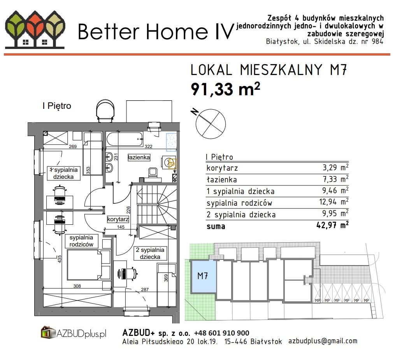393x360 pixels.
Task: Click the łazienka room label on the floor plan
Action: click(x=139, y=157)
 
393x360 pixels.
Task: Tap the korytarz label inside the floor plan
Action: click(x=118, y=219)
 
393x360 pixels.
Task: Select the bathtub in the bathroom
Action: click(x=125, y=139)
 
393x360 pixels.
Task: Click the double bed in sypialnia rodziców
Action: click(x=89, y=265)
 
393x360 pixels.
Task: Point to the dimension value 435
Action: click(x=60, y=259)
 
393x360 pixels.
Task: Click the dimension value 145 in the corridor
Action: click(x=121, y=227)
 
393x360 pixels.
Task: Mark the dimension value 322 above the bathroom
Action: click(x=148, y=147)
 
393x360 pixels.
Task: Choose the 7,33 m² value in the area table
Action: click(x=335, y=179)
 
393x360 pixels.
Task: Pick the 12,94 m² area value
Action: click(x=334, y=202)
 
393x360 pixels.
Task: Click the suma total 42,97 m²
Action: click(x=332, y=225)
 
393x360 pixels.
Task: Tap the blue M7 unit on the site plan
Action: click(x=203, y=276)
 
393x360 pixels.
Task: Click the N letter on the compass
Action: click(x=194, y=112)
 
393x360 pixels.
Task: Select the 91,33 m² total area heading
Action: click(x=225, y=89)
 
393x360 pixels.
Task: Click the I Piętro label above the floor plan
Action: click(x=57, y=106)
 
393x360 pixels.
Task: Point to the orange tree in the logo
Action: click(x=35, y=28)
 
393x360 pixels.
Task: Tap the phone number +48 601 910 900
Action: click(x=222, y=333)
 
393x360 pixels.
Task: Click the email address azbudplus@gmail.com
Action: click(x=323, y=341)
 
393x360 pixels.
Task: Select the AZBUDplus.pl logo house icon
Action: click(x=48, y=332)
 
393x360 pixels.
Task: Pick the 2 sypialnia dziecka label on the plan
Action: click(x=150, y=253)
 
